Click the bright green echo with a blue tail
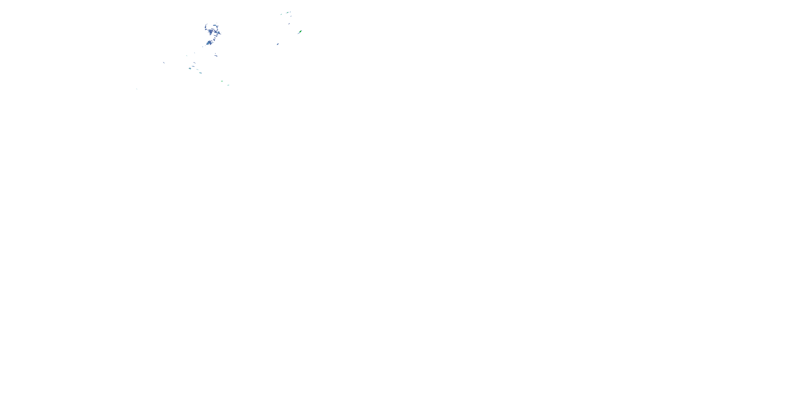(x=300, y=32)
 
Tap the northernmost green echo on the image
(x=288, y=13)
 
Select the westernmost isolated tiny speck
(x=137, y=89)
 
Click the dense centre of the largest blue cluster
(x=211, y=32)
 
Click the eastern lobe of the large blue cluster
(x=218, y=33)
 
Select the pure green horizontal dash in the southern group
(x=222, y=81)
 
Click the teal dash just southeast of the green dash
(x=228, y=85)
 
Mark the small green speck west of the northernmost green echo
(x=281, y=14)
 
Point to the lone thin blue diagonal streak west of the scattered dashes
(x=164, y=63)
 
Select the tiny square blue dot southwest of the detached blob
(x=203, y=47)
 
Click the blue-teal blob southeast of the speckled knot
(x=200, y=73)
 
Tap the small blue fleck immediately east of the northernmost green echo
(x=290, y=12)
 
